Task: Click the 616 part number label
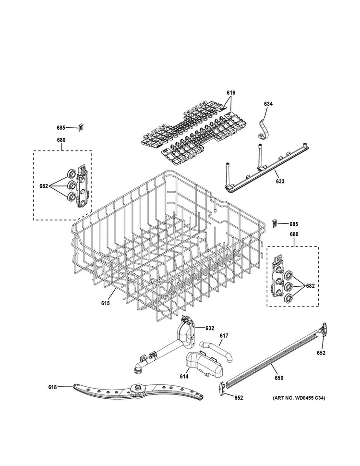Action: coord(231,92)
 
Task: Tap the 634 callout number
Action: coord(268,104)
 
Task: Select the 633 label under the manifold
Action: coord(280,181)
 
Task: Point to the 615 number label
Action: coord(106,303)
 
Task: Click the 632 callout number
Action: coord(209,328)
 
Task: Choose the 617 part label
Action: coord(224,336)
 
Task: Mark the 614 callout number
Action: coord(184,377)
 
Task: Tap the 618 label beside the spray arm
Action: coord(52,387)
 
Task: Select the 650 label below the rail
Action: coord(279,378)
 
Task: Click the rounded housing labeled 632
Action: coord(185,331)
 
